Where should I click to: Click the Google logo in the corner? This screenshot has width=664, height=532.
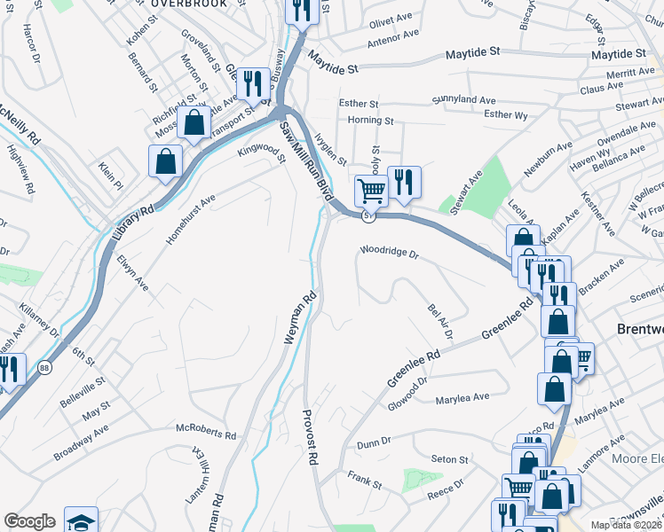pos(29,521)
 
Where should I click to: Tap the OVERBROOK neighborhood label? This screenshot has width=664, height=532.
pos(188,4)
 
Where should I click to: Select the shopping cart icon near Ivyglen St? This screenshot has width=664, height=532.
pos(370,189)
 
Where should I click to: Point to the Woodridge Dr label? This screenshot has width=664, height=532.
pos(388,252)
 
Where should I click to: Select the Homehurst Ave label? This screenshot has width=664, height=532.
pos(191,221)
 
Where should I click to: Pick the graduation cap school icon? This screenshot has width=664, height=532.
pos(81,521)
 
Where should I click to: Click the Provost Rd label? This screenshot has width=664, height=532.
pos(310,438)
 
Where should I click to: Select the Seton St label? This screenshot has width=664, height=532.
pos(449,460)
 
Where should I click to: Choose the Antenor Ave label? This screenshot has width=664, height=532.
pos(392,38)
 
